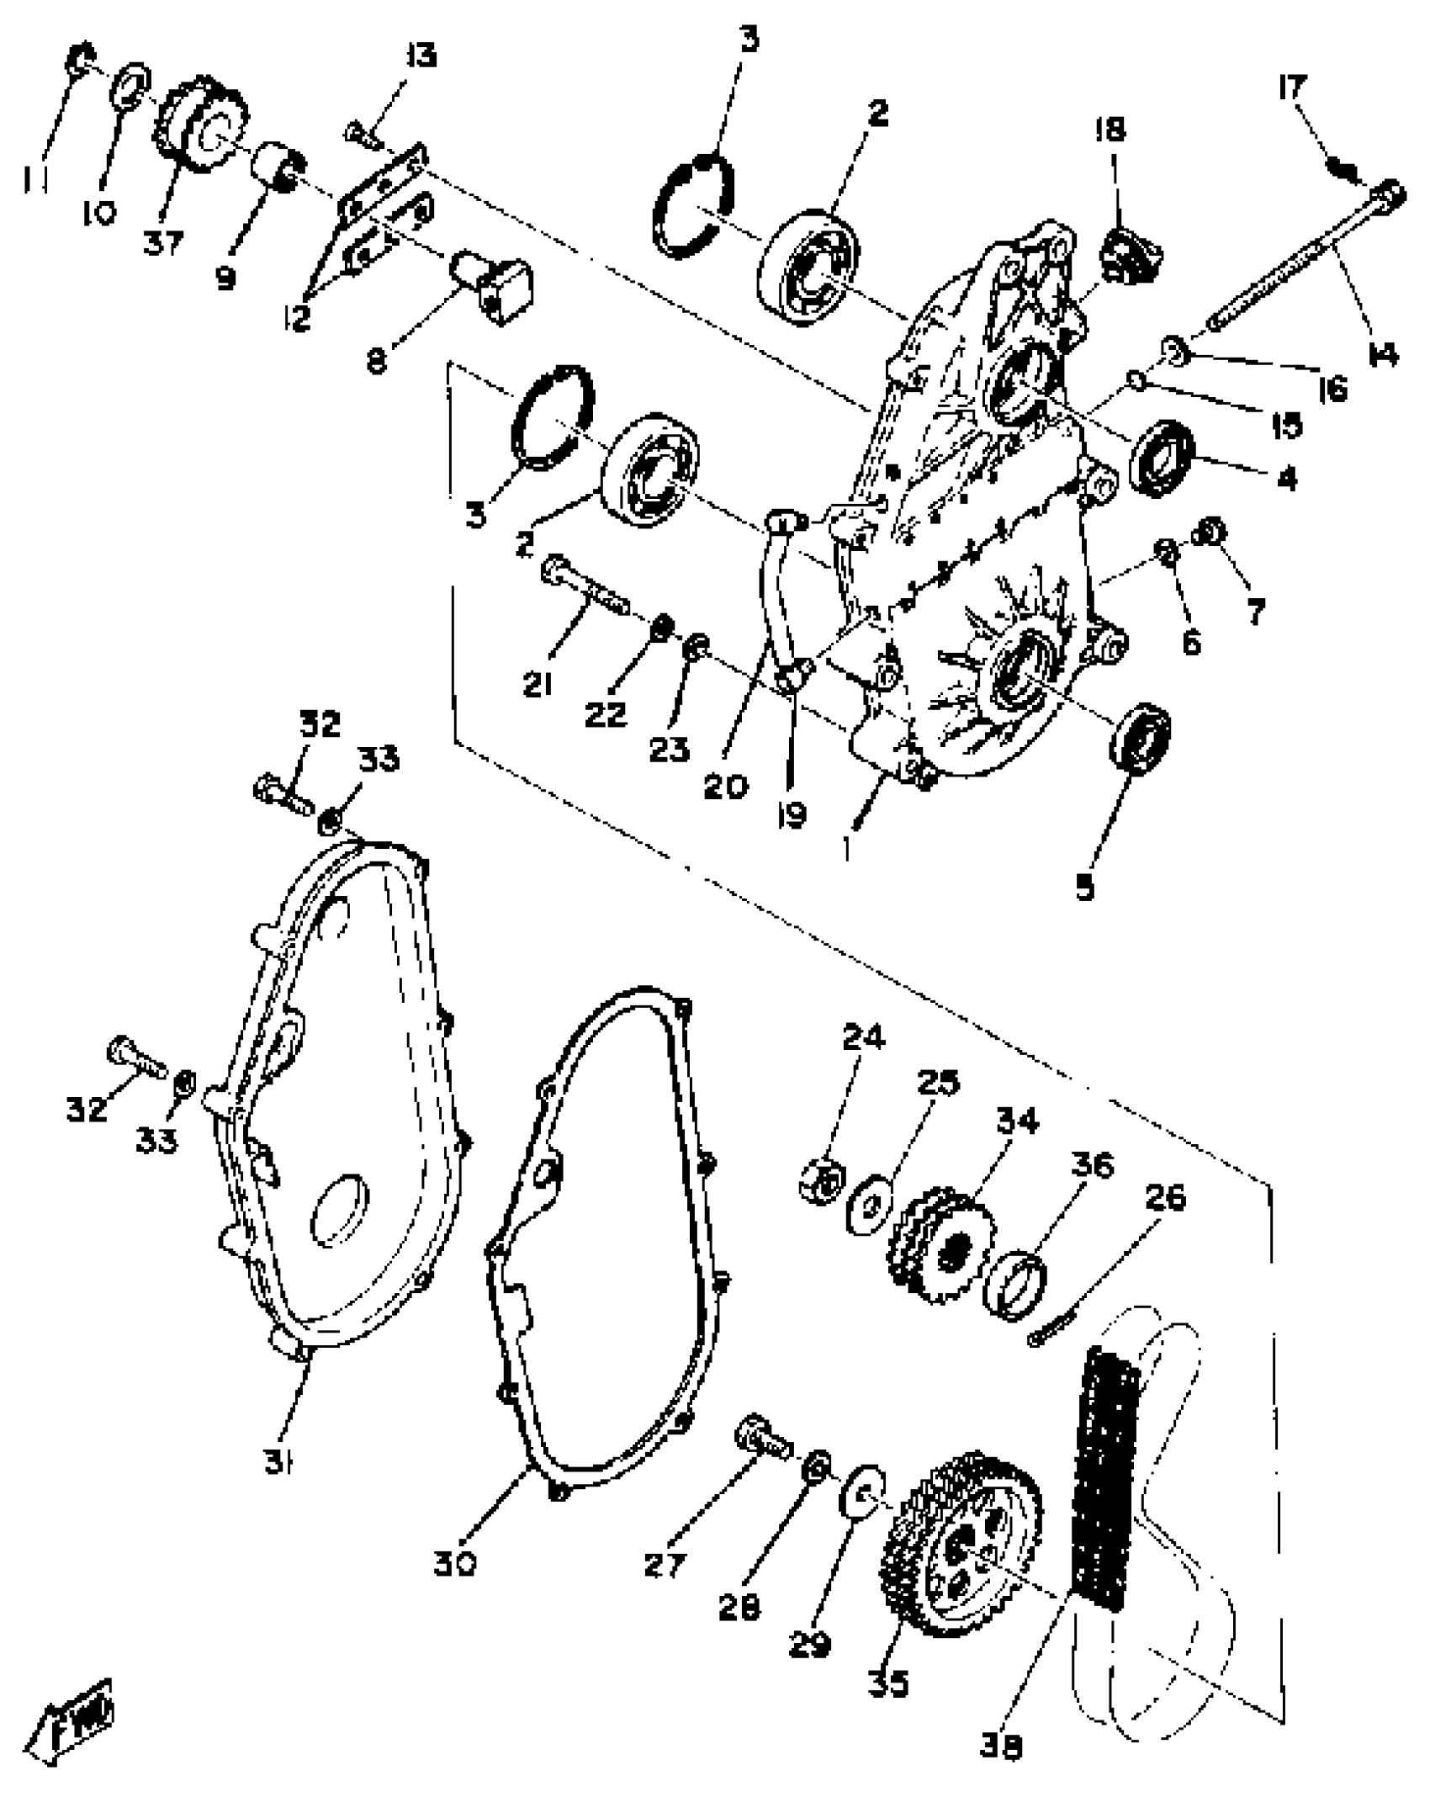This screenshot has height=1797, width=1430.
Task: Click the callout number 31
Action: (278, 1464)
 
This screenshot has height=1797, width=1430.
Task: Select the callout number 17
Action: (1293, 87)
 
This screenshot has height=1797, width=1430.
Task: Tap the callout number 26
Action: (1165, 1198)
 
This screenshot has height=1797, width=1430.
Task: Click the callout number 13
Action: (421, 57)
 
